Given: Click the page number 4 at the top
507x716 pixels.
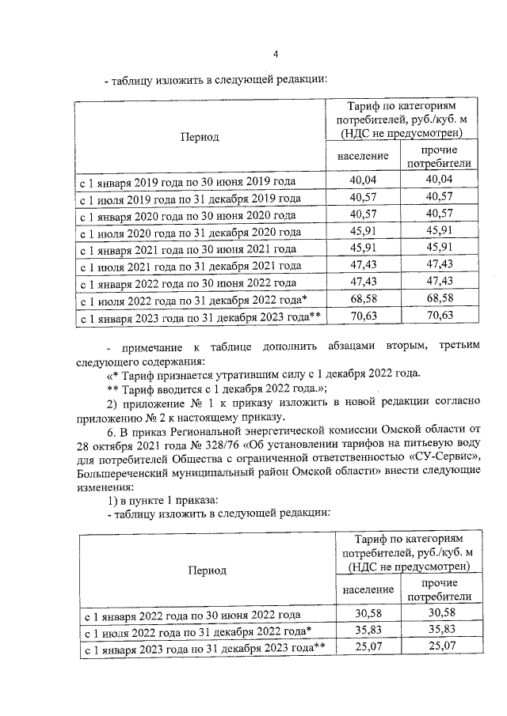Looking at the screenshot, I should (x=275, y=54).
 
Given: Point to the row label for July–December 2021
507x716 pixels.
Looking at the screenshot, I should (x=189, y=266).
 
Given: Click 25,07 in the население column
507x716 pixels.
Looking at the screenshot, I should (x=368, y=648).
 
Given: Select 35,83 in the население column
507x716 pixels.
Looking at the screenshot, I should (x=368, y=631).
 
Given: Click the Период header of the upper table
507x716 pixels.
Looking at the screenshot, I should (x=199, y=137).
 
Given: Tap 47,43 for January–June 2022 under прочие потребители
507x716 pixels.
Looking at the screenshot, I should (x=437, y=282).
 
